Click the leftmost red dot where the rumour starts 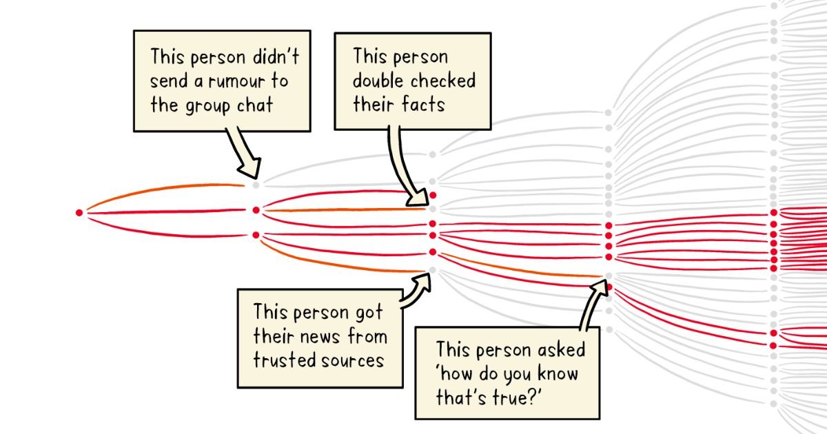pos(79,212)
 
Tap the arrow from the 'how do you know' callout pos(592,303)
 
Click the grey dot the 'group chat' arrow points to pos(256,185)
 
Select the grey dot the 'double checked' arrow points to pos(433,208)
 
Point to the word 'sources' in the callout pos(350,360)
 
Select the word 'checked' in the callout pos(443,81)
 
